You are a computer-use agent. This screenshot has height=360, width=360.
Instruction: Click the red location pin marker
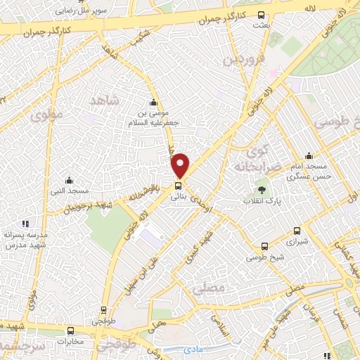point(181,165)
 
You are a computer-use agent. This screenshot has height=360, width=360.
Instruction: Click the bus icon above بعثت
point(262,15)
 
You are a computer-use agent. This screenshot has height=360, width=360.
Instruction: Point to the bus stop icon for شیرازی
point(297,230)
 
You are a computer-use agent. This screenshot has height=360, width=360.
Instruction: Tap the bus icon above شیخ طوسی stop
point(264,246)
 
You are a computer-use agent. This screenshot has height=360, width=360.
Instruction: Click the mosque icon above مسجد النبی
point(68,180)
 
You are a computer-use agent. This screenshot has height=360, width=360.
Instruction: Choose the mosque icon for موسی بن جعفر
point(154,103)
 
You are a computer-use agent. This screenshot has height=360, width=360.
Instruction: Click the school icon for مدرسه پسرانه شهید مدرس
point(26,224)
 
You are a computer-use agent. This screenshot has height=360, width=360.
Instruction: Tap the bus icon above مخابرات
point(70,330)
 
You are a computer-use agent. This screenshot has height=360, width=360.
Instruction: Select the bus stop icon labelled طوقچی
point(104,309)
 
